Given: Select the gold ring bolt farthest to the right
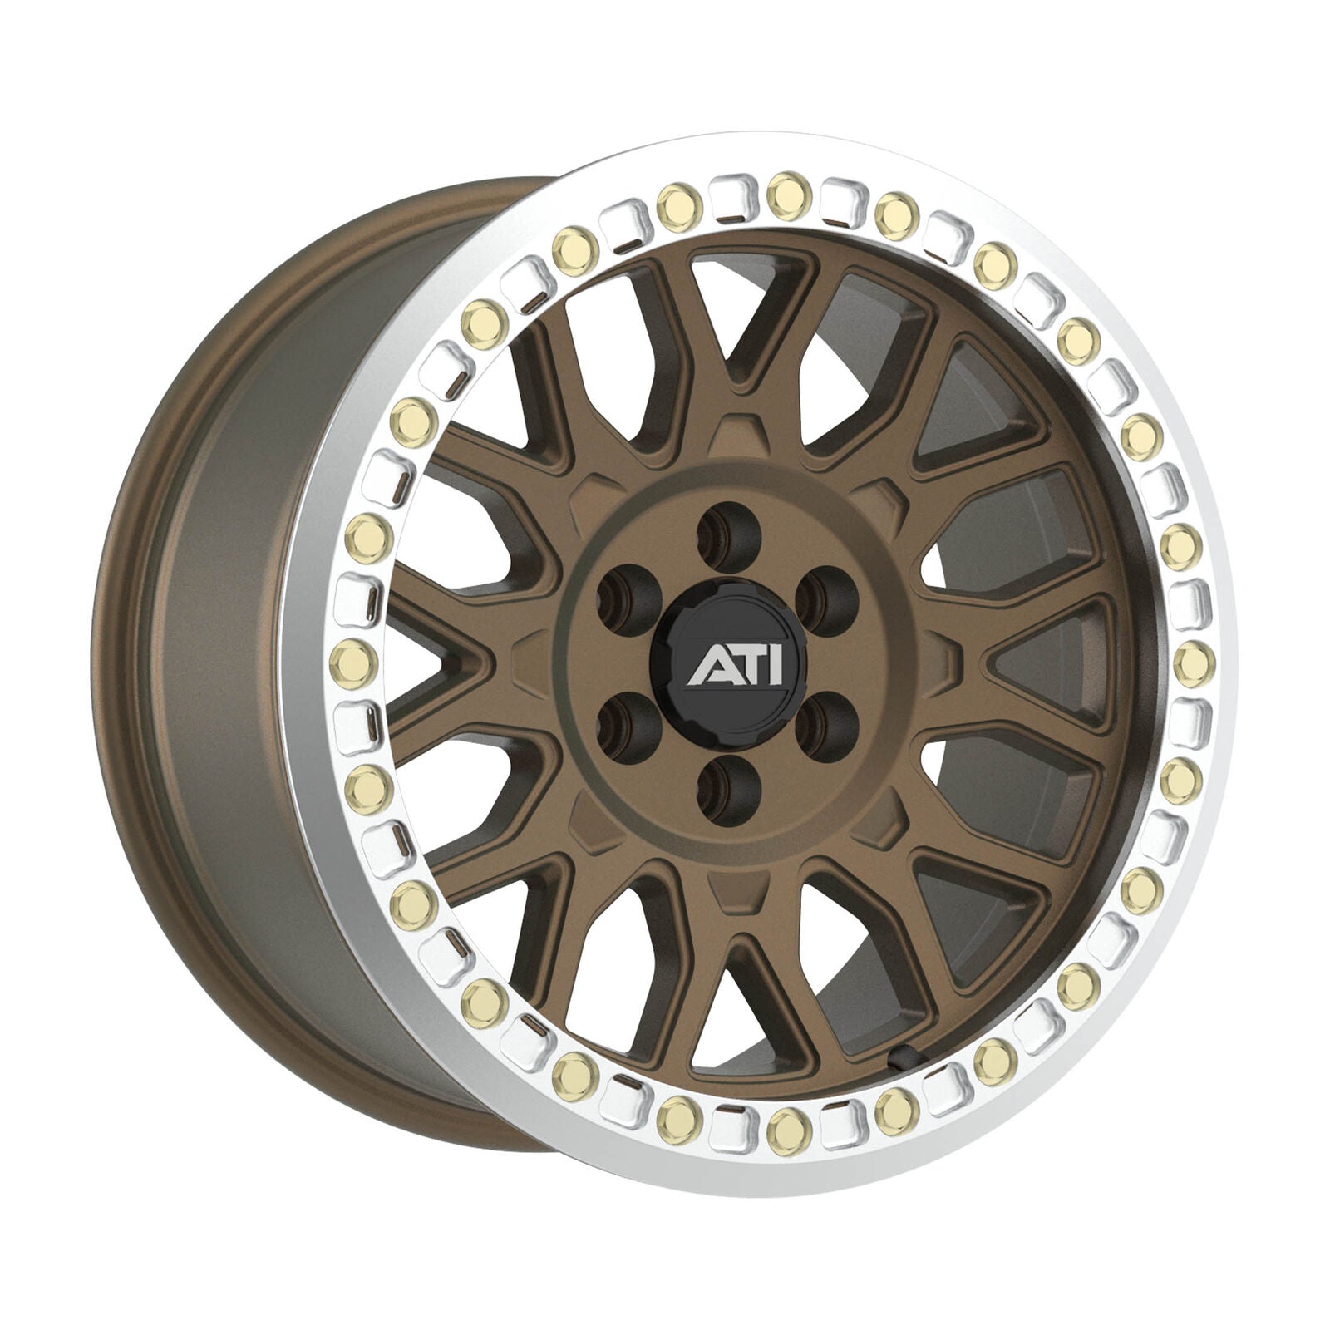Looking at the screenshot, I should (x=1192, y=652).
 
